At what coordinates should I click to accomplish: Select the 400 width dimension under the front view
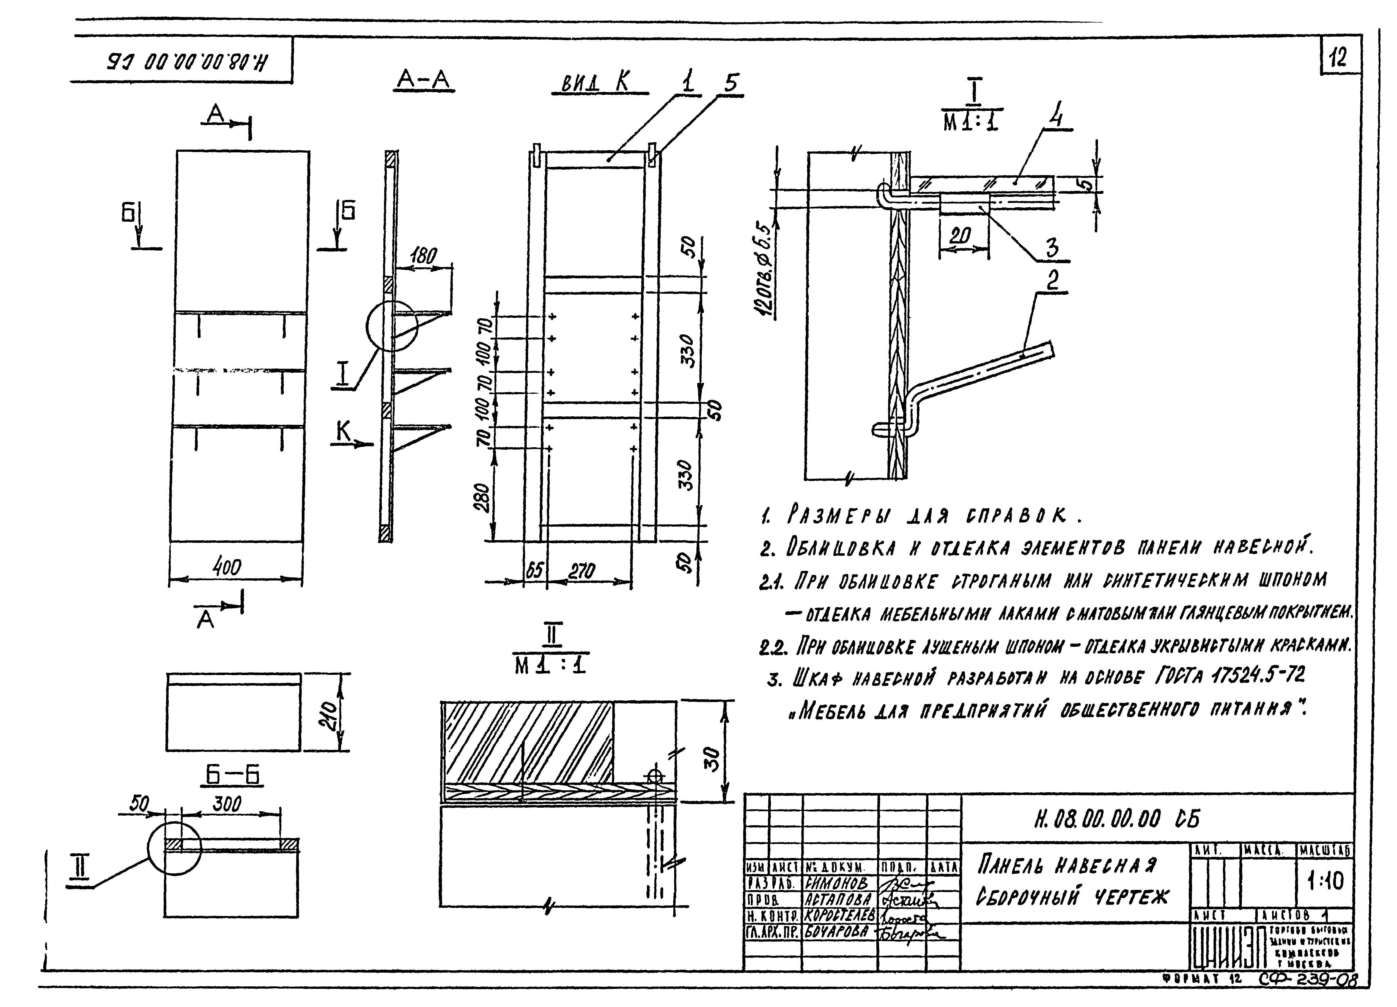pos(227,567)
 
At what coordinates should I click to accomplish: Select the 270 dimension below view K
pos(581,571)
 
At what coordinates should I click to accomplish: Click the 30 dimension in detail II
pos(711,759)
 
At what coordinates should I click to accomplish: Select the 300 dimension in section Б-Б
pos(227,804)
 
